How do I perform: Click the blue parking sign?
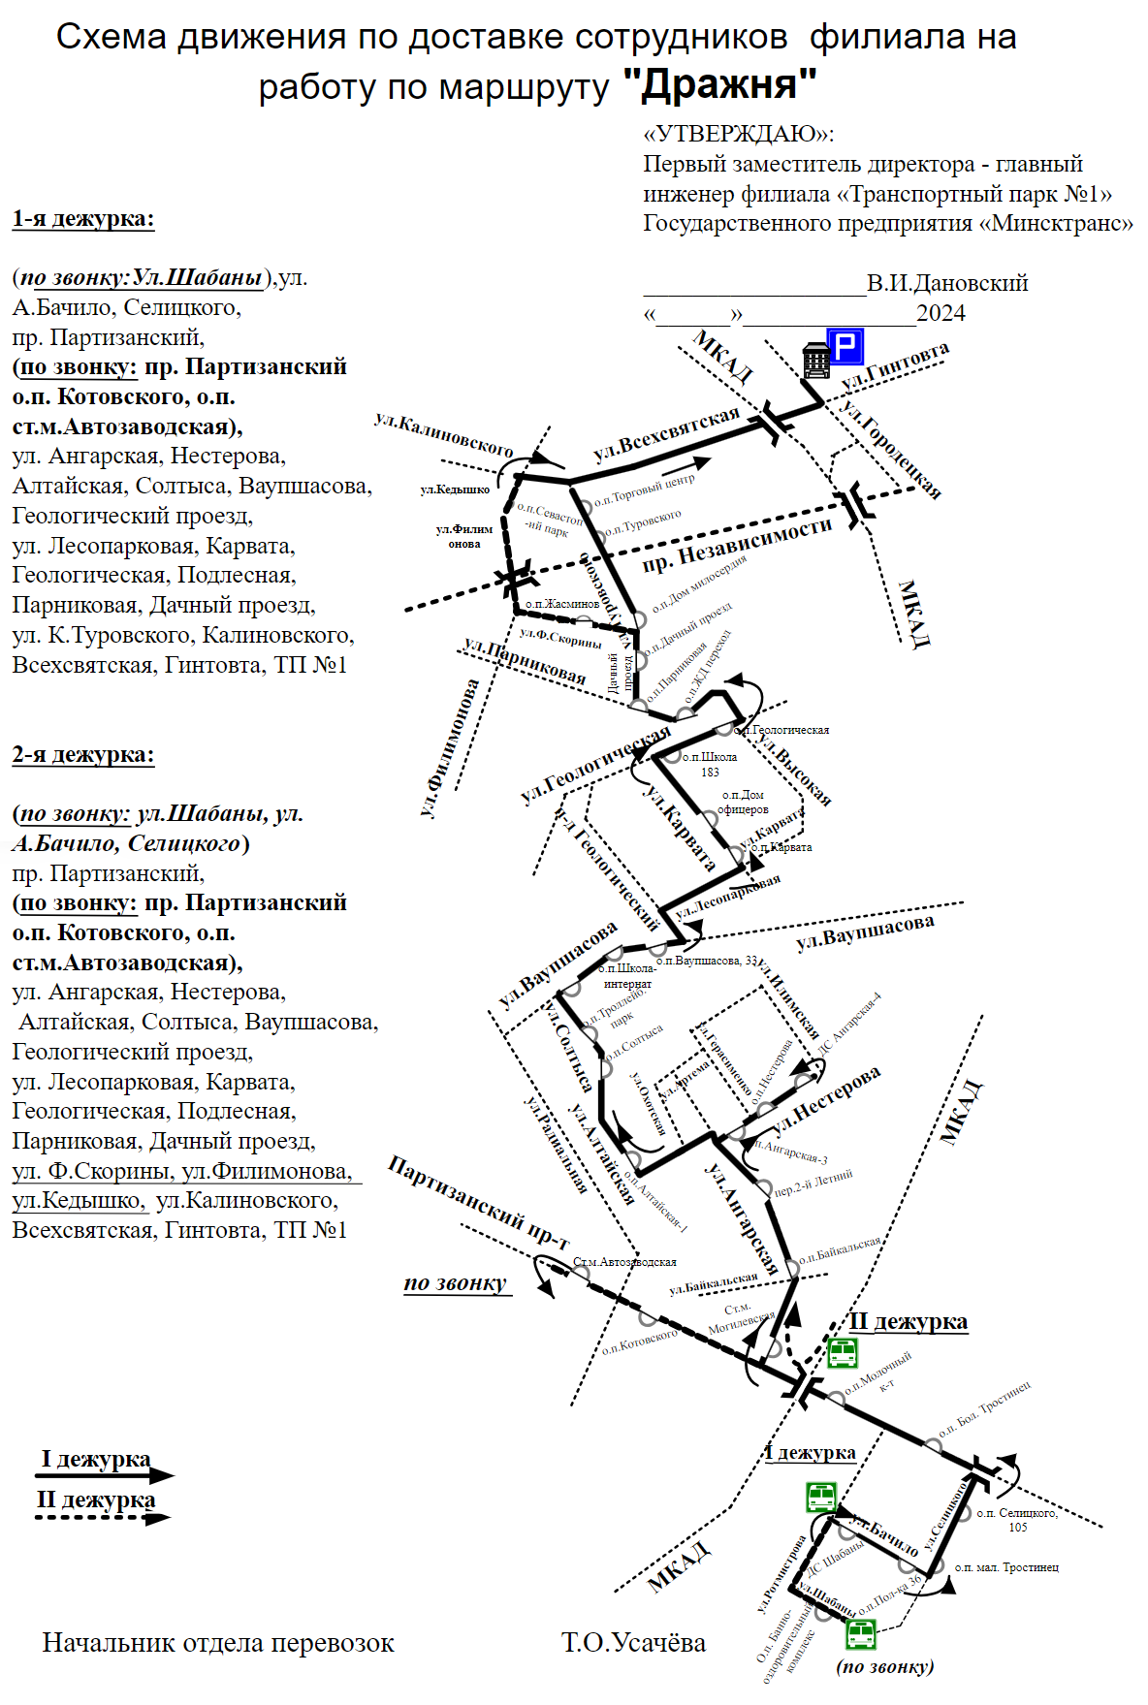pos(845,346)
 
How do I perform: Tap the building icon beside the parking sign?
pos(816,361)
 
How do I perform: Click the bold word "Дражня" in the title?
pos(719,85)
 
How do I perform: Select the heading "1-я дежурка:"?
pos(83,219)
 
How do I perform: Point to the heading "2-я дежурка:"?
pos(83,755)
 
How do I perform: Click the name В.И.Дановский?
pos(947,284)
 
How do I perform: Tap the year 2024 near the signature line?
pos(941,314)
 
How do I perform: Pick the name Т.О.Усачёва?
pos(633,1643)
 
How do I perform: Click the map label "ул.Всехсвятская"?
pos(666,434)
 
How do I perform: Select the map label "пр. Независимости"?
pos(737,546)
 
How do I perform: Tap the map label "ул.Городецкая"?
pos(891,448)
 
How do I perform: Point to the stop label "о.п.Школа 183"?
pos(710,765)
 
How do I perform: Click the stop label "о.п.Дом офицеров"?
pos(743,803)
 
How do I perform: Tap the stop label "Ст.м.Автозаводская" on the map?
pos(625,1262)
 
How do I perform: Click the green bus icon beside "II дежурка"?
pos(842,1352)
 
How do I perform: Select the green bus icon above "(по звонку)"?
pos(861,1634)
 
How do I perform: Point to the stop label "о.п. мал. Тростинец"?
pos(1006,1567)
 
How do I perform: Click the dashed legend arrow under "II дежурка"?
pos(103,1518)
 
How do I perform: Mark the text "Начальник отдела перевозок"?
pos(218,1643)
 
